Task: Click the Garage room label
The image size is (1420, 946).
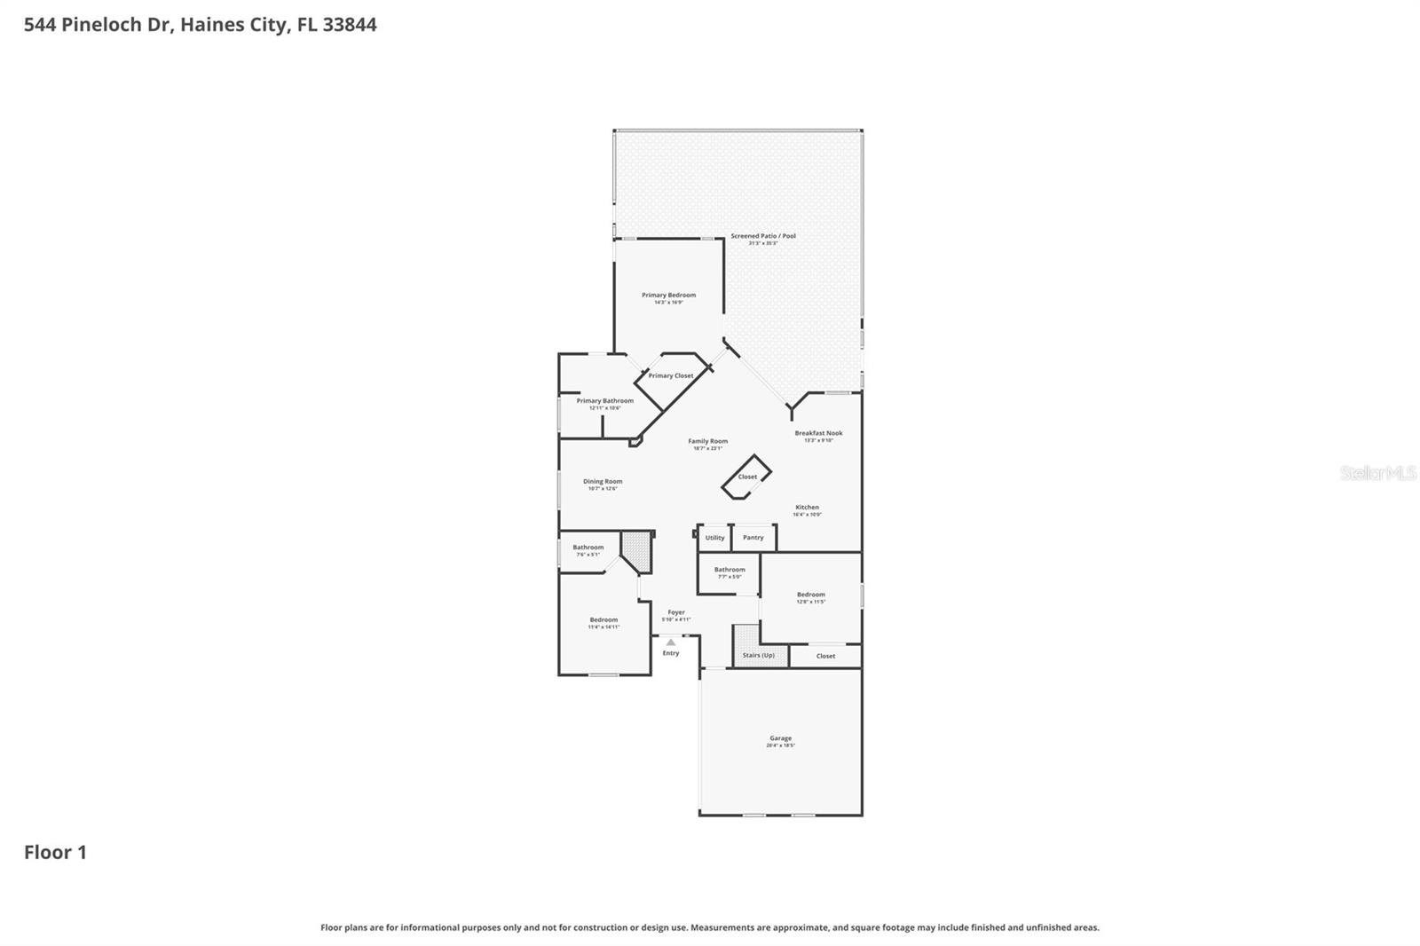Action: [780, 738]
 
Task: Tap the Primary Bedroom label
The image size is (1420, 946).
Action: [668, 296]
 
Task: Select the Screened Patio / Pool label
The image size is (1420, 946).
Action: [762, 236]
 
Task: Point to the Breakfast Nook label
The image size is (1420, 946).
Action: [818, 433]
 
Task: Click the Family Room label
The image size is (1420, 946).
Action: [707, 441]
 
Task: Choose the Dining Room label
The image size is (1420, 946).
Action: [603, 482]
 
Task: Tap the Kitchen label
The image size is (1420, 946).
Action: [807, 508]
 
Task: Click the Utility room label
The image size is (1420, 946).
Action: [714, 538]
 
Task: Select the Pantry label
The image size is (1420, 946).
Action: [753, 538]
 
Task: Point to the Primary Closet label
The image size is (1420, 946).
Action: [670, 376]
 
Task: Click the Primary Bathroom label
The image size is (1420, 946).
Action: [604, 401]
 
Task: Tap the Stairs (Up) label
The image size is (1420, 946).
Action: [758, 656]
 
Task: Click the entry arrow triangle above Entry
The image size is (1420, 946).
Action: [671, 642]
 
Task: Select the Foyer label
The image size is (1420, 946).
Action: [676, 612]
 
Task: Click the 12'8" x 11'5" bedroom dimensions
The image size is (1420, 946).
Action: [810, 602]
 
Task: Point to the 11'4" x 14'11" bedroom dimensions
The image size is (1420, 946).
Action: [603, 627]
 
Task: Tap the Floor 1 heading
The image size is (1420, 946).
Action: [55, 853]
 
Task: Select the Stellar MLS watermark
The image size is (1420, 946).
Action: [1377, 473]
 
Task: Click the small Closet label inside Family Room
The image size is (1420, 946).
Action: [747, 477]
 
